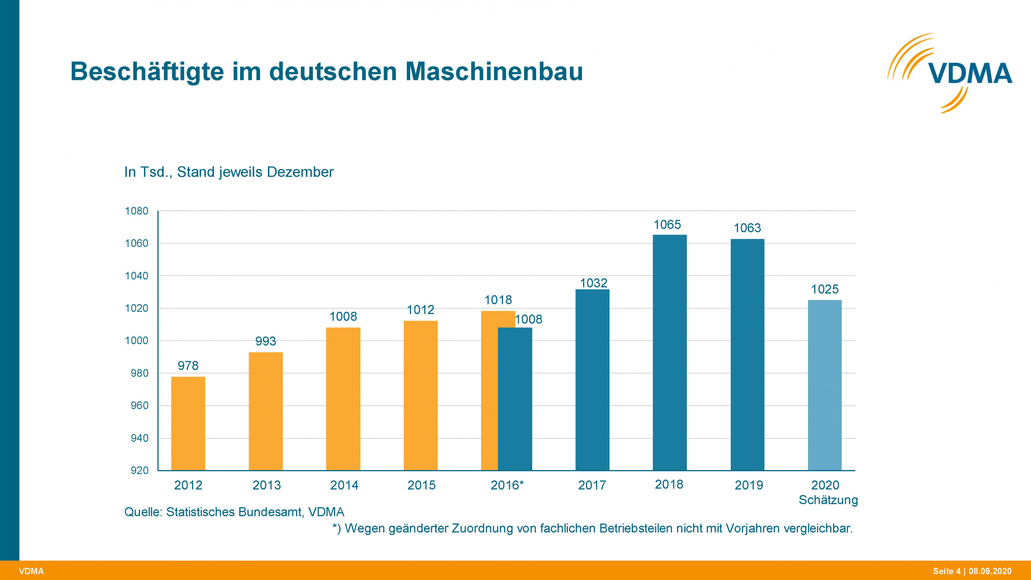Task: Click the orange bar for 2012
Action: point(188,423)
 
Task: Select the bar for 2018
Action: point(670,352)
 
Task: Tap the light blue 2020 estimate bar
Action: point(825,385)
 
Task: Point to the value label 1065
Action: point(667,225)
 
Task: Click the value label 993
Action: point(265,341)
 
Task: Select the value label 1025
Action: point(825,289)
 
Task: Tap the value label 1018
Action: point(498,300)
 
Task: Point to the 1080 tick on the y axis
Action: point(136,211)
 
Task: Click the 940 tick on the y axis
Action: point(139,438)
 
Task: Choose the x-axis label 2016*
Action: point(507,485)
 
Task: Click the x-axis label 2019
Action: point(749,485)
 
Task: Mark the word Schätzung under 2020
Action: point(828,500)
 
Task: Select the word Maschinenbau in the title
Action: point(494,71)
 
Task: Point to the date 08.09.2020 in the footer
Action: point(990,571)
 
